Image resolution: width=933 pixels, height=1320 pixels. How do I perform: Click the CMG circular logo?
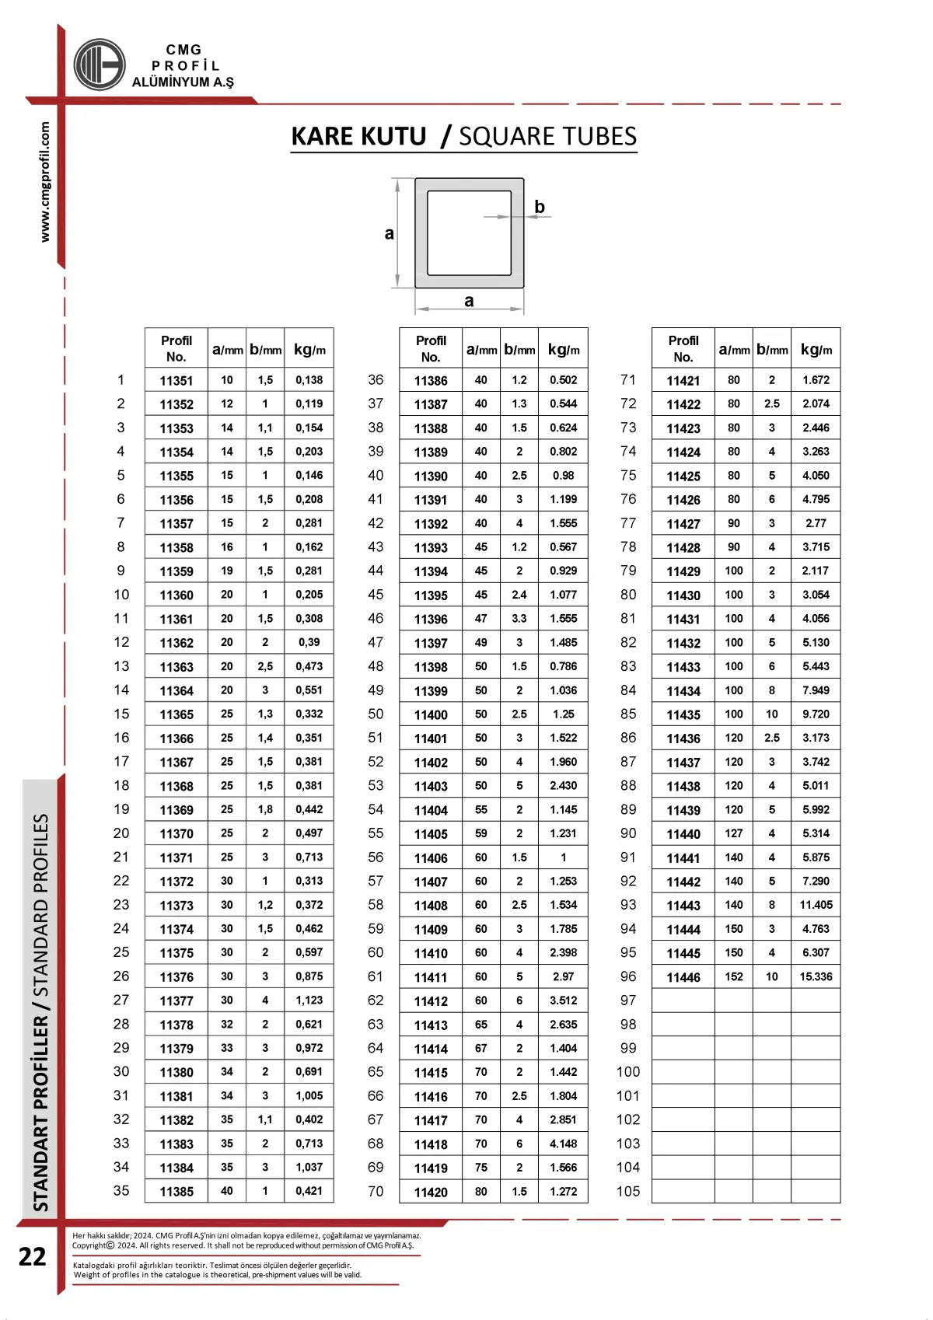click(100, 65)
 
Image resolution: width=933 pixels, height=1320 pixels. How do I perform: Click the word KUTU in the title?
click(390, 137)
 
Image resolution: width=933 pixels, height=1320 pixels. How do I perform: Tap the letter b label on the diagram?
click(540, 207)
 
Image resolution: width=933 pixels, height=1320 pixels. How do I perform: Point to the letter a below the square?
click(469, 301)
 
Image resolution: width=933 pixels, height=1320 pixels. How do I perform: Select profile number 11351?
click(176, 381)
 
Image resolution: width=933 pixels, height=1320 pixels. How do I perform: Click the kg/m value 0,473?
click(309, 666)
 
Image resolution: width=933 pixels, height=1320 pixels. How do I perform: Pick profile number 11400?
click(431, 714)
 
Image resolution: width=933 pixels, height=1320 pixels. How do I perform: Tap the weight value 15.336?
click(816, 976)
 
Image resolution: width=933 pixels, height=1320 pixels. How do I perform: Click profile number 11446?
click(683, 977)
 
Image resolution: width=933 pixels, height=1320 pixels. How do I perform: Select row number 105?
click(628, 1191)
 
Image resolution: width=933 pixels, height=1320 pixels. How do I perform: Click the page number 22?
click(33, 1257)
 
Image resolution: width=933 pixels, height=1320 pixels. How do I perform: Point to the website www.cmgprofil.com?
click(45, 182)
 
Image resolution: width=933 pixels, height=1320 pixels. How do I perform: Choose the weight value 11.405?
click(816, 905)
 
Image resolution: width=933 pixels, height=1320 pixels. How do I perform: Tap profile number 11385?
click(176, 1192)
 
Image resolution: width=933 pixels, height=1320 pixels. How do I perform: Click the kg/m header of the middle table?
click(564, 349)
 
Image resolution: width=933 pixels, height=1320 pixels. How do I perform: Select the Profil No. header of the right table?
click(683, 349)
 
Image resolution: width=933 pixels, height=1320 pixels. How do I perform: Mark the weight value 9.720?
click(816, 714)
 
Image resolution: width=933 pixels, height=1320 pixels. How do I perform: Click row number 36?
click(376, 379)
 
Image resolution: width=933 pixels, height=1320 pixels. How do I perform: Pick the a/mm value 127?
click(734, 833)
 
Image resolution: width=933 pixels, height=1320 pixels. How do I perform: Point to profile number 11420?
click(431, 1192)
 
